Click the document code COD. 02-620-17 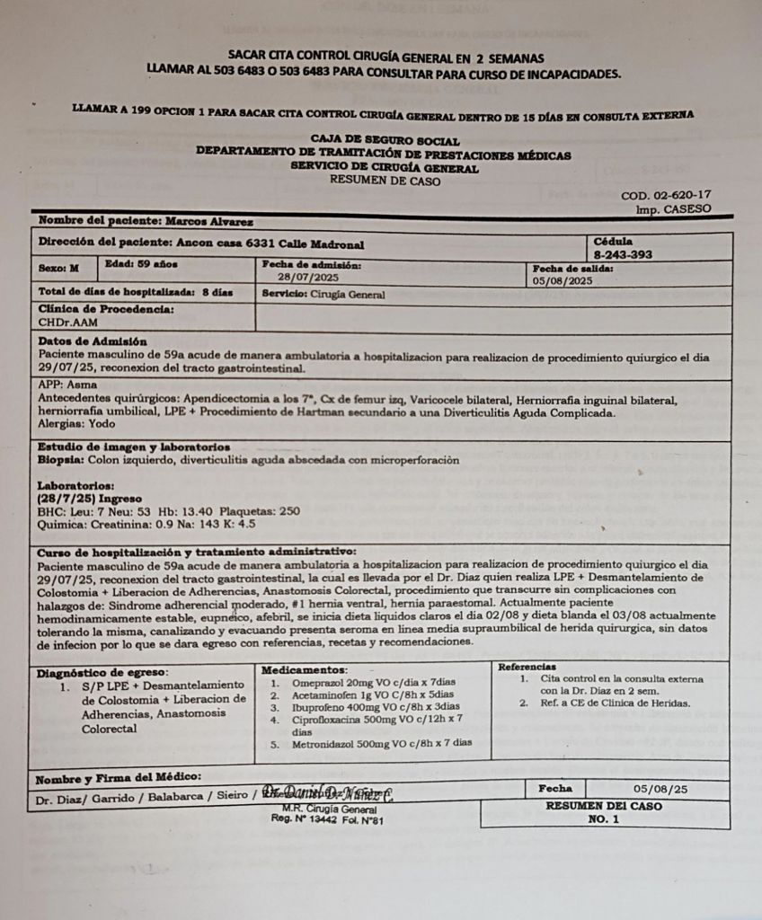[x=666, y=195]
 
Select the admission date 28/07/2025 [x=307, y=278]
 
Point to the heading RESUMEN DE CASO [x=385, y=180]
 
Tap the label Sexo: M [x=59, y=267]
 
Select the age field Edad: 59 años [x=141, y=264]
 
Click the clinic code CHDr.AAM [x=68, y=321]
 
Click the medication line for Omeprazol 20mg [x=373, y=683]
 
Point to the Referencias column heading [x=527, y=667]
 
